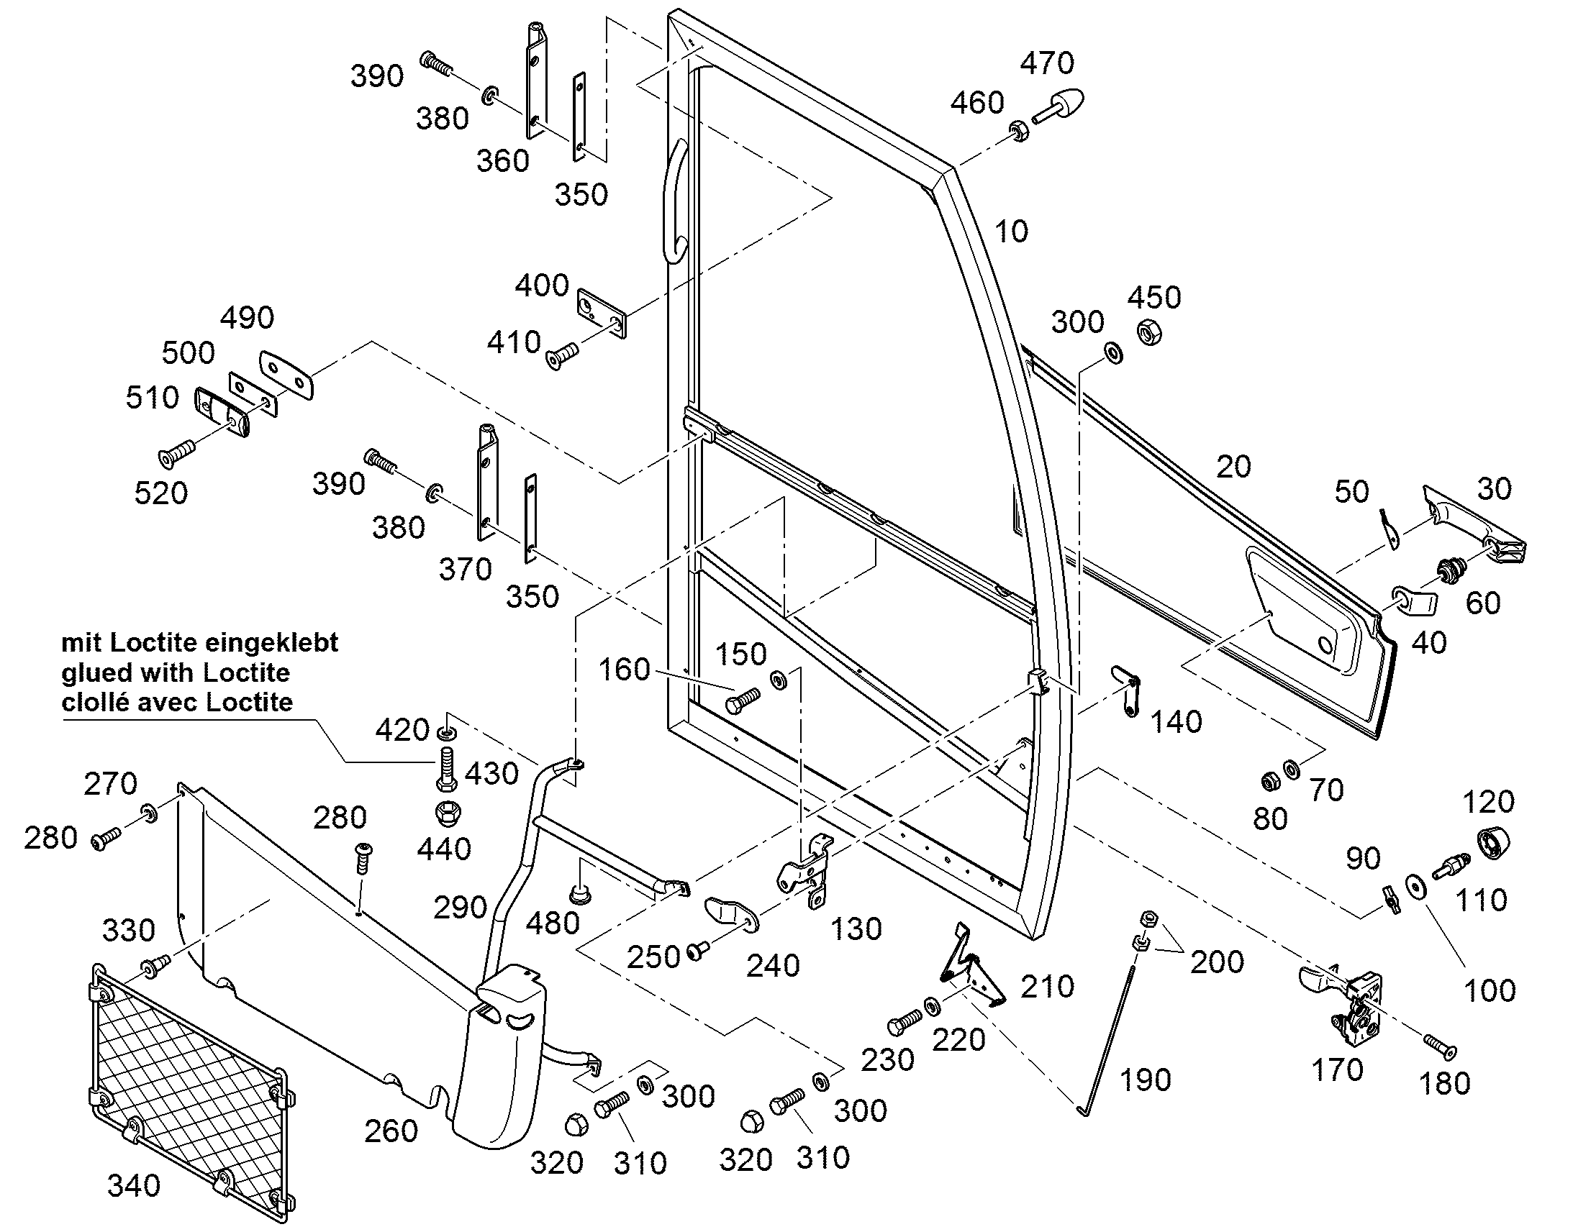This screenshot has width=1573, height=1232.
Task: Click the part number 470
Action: (1047, 63)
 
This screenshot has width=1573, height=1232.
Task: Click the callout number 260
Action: (391, 1131)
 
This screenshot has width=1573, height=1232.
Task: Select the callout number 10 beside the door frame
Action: (1011, 232)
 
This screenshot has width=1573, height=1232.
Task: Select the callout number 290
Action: (461, 907)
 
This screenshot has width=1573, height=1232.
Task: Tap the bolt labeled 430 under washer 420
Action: (446, 769)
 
